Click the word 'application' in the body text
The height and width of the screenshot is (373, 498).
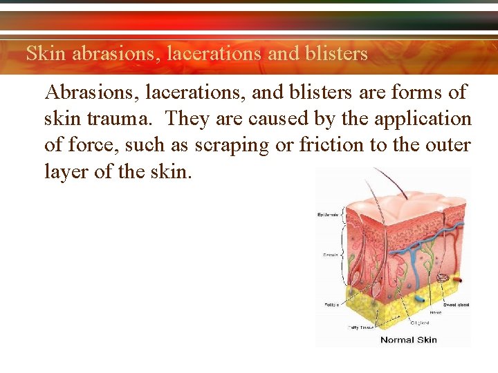pyautogui.click(x=423, y=119)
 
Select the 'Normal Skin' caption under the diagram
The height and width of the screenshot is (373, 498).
pyautogui.click(x=408, y=339)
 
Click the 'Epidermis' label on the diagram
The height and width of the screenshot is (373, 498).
pyautogui.click(x=328, y=215)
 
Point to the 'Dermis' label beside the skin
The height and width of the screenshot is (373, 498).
pyautogui.click(x=331, y=255)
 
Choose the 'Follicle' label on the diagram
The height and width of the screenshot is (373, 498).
pyautogui.click(x=332, y=304)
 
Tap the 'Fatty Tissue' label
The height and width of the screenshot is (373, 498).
pyautogui.click(x=360, y=327)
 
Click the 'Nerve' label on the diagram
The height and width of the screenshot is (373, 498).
pyautogui.click(x=436, y=312)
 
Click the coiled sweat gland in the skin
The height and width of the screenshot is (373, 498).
pyautogui.click(x=443, y=278)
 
